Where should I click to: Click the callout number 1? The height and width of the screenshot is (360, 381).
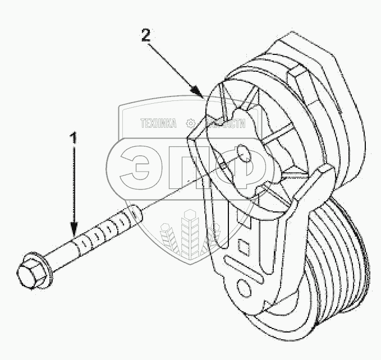(71, 137)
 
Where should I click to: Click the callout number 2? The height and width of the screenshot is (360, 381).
(145, 36)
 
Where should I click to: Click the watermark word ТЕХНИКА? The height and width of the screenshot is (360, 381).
(158, 124)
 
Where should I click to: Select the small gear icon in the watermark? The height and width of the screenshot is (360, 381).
(191, 124)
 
